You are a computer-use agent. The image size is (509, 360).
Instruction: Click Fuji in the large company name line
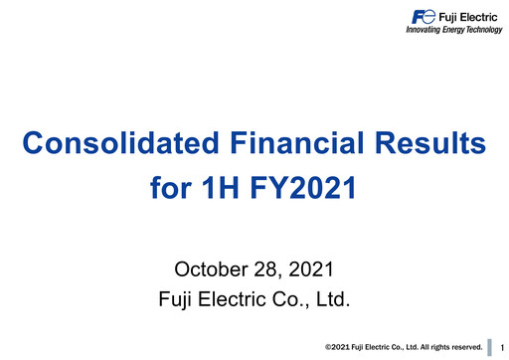178,298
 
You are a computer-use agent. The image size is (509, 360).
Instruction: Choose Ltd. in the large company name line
331,298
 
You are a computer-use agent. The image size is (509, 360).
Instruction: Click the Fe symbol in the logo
423,16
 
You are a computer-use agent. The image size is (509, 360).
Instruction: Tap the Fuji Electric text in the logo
468,16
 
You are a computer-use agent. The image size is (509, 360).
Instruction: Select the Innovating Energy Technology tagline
453,30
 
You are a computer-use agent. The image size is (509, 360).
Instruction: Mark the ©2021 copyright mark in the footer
339,347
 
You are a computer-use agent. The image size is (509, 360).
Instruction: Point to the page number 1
503,347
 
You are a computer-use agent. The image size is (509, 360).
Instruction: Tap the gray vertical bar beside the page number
490,346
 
